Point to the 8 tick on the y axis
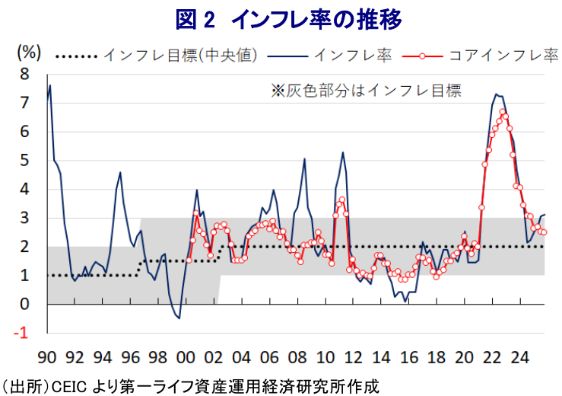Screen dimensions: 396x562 click(24, 75)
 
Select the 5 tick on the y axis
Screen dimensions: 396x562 click(24, 161)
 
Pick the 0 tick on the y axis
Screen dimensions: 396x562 click(24, 305)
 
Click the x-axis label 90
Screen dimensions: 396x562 click(47, 356)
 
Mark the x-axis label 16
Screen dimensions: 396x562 click(408, 356)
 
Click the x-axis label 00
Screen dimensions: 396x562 click(186, 356)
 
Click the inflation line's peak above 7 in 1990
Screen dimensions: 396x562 click(50, 85)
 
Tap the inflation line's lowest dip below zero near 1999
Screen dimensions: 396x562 click(179, 318)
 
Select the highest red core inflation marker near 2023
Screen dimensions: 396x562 click(503, 112)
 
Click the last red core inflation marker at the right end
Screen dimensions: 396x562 click(543, 232)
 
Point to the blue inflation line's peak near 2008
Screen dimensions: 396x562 click(304, 159)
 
